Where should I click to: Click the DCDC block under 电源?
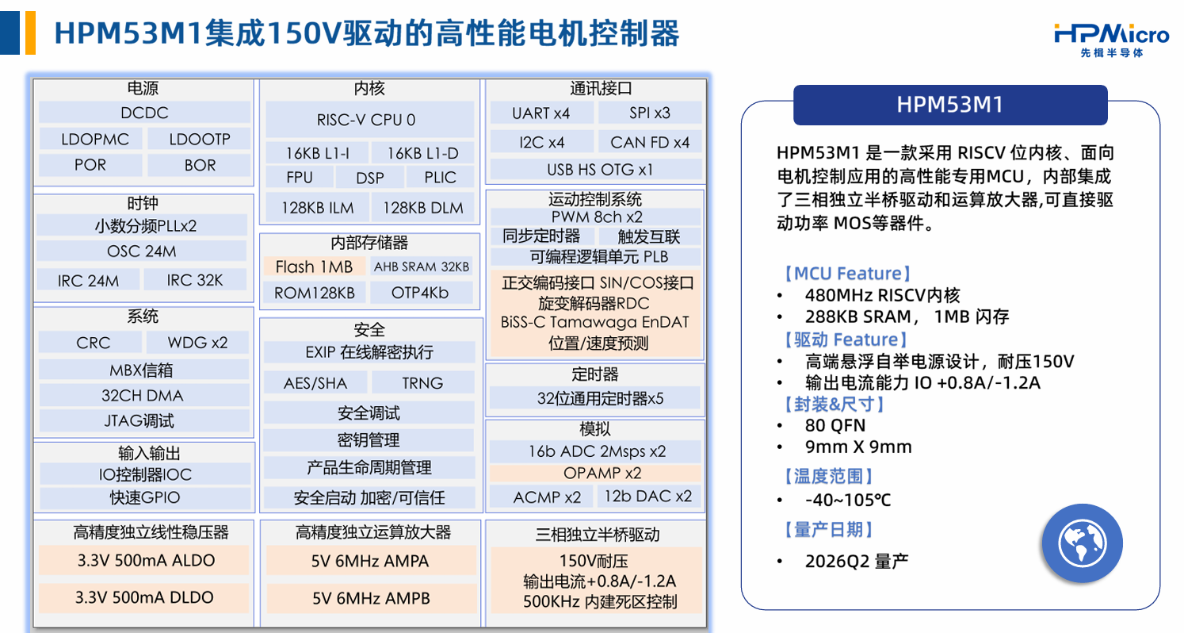pyautogui.click(x=144, y=113)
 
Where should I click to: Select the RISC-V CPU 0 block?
pyautogui.click(x=369, y=120)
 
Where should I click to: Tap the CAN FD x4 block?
pyautogui.click(x=650, y=142)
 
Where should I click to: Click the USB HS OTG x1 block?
pyautogui.click(x=596, y=170)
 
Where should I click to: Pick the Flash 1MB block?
pyautogui.click(x=315, y=267)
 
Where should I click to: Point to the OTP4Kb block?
pyautogui.click(x=420, y=293)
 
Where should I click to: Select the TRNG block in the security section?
pyautogui.click(x=422, y=382)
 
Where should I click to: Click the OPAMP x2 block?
pyautogui.click(x=595, y=473)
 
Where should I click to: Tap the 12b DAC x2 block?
pyautogui.click(x=648, y=497)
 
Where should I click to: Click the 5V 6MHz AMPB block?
pyautogui.click(x=370, y=598)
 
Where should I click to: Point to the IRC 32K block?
pyautogui.click(x=195, y=280)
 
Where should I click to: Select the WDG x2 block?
pyautogui.click(x=197, y=343)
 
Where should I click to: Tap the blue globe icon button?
pyautogui.click(x=1082, y=543)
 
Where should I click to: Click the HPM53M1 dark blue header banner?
pyautogui.click(x=950, y=105)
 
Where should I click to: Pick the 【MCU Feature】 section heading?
pyautogui.click(x=846, y=273)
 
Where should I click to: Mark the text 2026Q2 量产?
pyautogui.click(x=856, y=561)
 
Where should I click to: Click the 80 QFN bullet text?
pyautogui.click(x=835, y=425)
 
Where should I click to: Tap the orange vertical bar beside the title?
pyautogui.click(x=30, y=33)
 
